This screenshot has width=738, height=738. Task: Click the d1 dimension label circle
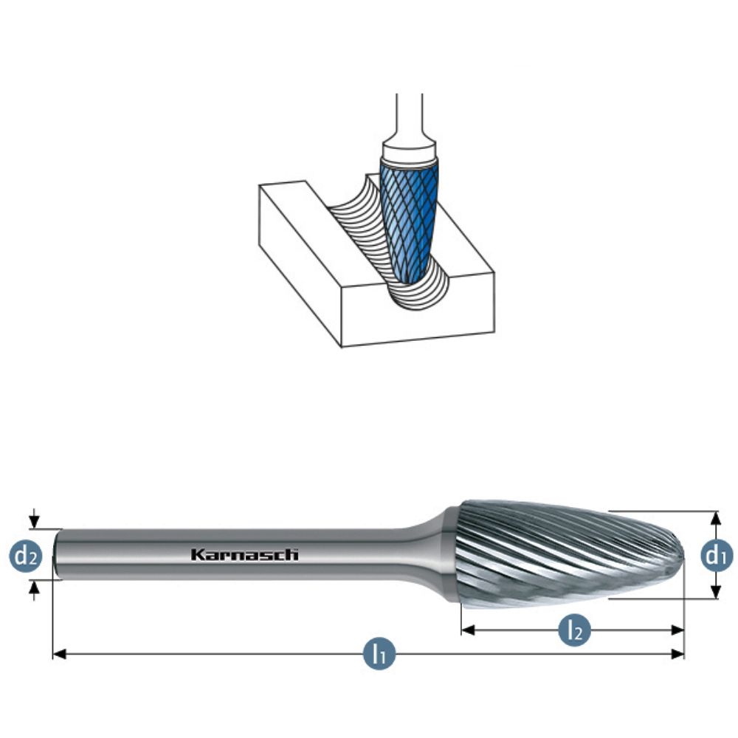(715, 555)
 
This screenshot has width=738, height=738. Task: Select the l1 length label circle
(379, 654)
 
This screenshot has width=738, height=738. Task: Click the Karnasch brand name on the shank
(244, 554)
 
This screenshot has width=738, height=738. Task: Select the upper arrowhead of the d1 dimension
(715, 517)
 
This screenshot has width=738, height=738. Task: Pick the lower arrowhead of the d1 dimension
(715, 593)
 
